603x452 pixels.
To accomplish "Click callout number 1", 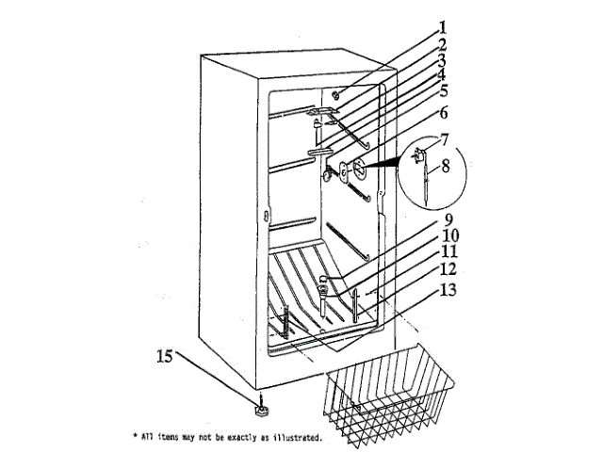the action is tap(444, 27).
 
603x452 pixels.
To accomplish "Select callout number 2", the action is tap(442, 44).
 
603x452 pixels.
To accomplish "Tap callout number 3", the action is tap(442, 59).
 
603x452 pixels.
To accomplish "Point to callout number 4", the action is tap(442, 74).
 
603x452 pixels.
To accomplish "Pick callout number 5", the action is tap(443, 91).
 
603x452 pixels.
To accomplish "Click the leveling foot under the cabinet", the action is tap(260, 409).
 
